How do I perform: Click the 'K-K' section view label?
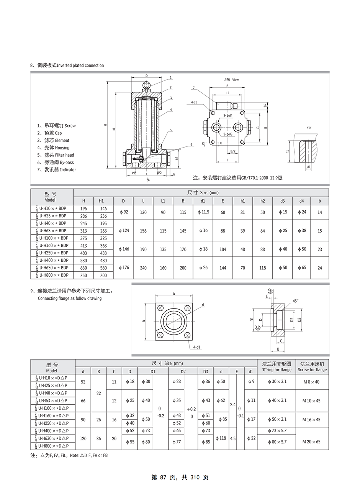point(309,128)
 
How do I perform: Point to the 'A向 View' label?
point(231,80)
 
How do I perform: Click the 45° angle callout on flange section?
point(295,301)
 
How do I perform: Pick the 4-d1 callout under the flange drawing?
point(197,347)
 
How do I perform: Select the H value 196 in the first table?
point(84,209)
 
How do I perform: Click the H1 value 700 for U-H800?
point(103,275)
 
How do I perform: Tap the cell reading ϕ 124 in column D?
point(123,231)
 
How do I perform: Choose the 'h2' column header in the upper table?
point(262,201)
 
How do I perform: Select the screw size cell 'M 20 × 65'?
point(311,442)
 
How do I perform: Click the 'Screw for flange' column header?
point(312,370)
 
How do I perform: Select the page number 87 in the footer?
point(163,478)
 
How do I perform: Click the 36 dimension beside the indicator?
point(265,106)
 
